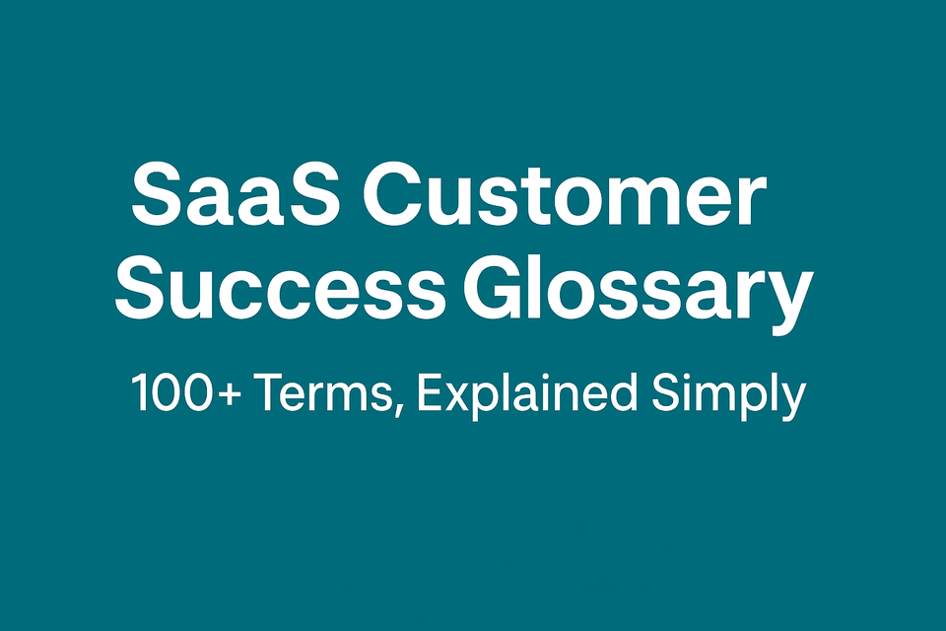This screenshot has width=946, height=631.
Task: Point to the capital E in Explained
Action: (429, 394)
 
